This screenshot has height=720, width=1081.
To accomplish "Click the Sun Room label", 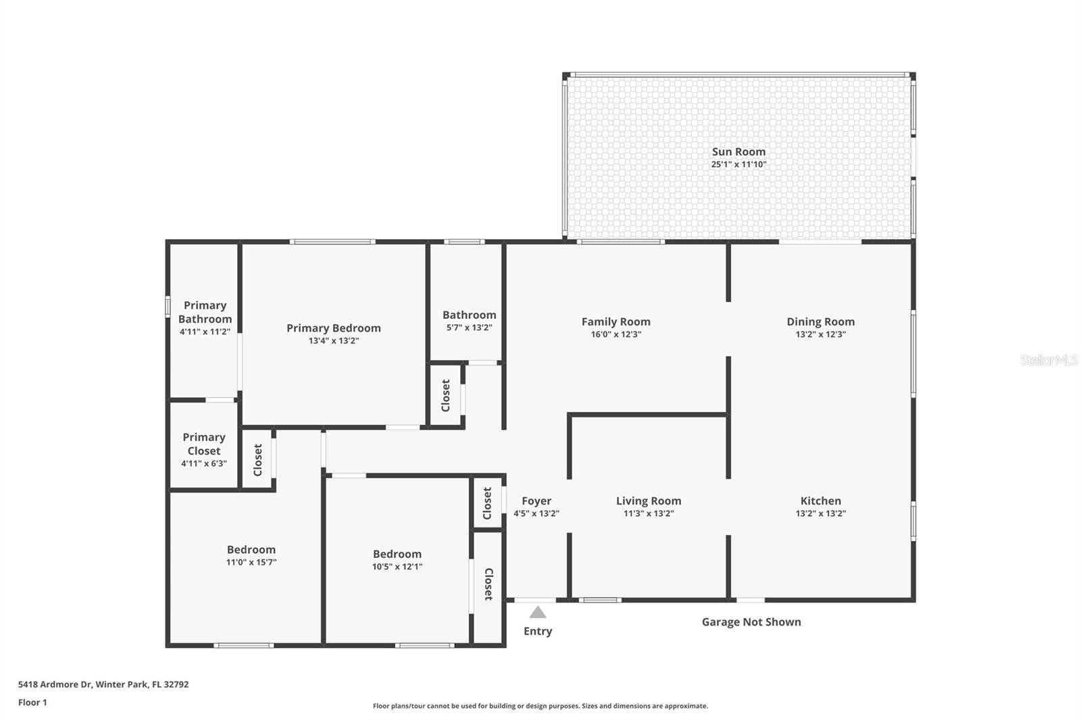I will pyautogui.click(x=738, y=152).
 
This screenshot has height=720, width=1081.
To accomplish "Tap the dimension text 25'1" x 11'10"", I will pyautogui.click(x=738, y=165).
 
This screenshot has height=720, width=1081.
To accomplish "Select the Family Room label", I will pyautogui.click(x=615, y=322).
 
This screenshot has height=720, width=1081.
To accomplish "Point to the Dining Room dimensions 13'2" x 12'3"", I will pyautogui.click(x=820, y=334).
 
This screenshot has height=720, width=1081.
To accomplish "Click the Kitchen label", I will pyautogui.click(x=820, y=501).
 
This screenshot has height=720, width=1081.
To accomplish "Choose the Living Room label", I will pyautogui.click(x=648, y=501).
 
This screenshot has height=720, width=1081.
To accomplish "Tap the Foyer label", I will pyautogui.click(x=536, y=501).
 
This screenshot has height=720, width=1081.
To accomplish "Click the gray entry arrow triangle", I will pyautogui.click(x=538, y=613).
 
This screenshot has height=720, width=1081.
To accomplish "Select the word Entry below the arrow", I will pyautogui.click(x=538, y=632).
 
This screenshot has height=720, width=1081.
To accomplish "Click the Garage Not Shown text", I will pyautogui.click(x=751, y=622).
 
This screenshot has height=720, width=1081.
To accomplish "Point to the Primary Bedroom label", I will pyautogui.click(x=333, y=328).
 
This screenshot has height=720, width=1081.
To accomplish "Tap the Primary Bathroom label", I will pyautogui.click(x=205, y=312).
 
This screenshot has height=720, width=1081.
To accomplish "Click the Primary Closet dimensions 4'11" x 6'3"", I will pyautogui.click(x=203, y=464).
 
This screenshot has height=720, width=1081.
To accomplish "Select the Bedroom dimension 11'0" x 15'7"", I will pyautogui.click(x=251, y=563).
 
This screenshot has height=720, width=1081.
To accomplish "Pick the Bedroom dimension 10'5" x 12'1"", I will pyautogui.click(x=397, y=567).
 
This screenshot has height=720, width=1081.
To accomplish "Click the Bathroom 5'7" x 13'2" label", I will pyautogui.click(x=469, y=315).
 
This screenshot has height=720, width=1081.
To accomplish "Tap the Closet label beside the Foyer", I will pyautogui.click(x=487, y=503).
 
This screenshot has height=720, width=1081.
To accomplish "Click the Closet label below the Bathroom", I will pyautogui.click(x=446, y=395).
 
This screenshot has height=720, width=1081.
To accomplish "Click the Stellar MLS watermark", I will pyautogui.click(x=1049, y=360).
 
